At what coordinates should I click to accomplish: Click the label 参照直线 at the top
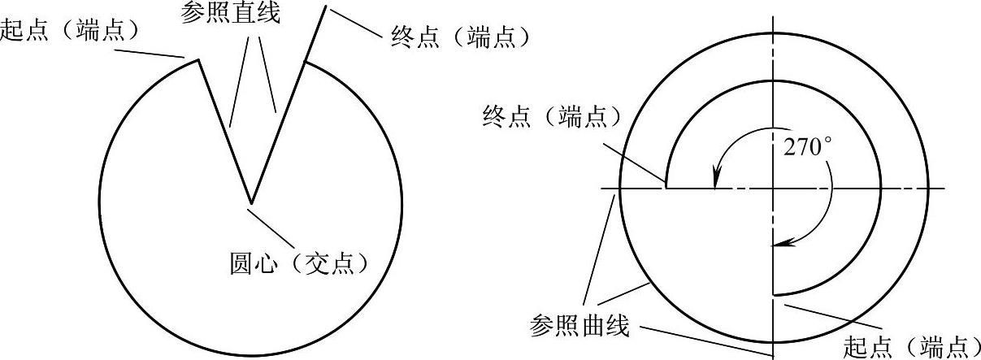[x=230, y=13]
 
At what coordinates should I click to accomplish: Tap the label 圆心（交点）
[x=300, y=263]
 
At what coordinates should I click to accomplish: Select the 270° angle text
[x=807, y=147]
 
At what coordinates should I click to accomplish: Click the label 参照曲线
[x=579, y=326]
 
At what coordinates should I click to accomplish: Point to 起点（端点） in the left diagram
[x=70, y=31]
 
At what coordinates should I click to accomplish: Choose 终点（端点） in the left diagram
[x=460, y=37]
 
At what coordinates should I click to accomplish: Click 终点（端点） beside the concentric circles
[x=553, y=116]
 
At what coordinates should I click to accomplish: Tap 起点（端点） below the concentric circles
[x=912, y=348]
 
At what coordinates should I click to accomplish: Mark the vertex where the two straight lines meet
[x=251, y=203]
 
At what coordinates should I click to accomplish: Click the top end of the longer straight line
[x=325, y=6]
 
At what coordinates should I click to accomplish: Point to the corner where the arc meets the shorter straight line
[x=198, y=59]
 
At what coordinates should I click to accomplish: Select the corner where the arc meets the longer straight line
[x=306, y=63]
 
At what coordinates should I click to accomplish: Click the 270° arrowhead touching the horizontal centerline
[x=715, y=180]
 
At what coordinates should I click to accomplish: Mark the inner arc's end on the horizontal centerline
[x=666, y=188]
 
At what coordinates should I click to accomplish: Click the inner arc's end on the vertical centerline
[x=774, y=295]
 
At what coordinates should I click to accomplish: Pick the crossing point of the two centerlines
[x=774, y=189]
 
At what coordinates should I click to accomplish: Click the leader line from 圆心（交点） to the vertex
[x=270, y=228]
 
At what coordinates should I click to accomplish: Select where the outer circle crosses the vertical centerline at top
[x=774, y=33]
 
